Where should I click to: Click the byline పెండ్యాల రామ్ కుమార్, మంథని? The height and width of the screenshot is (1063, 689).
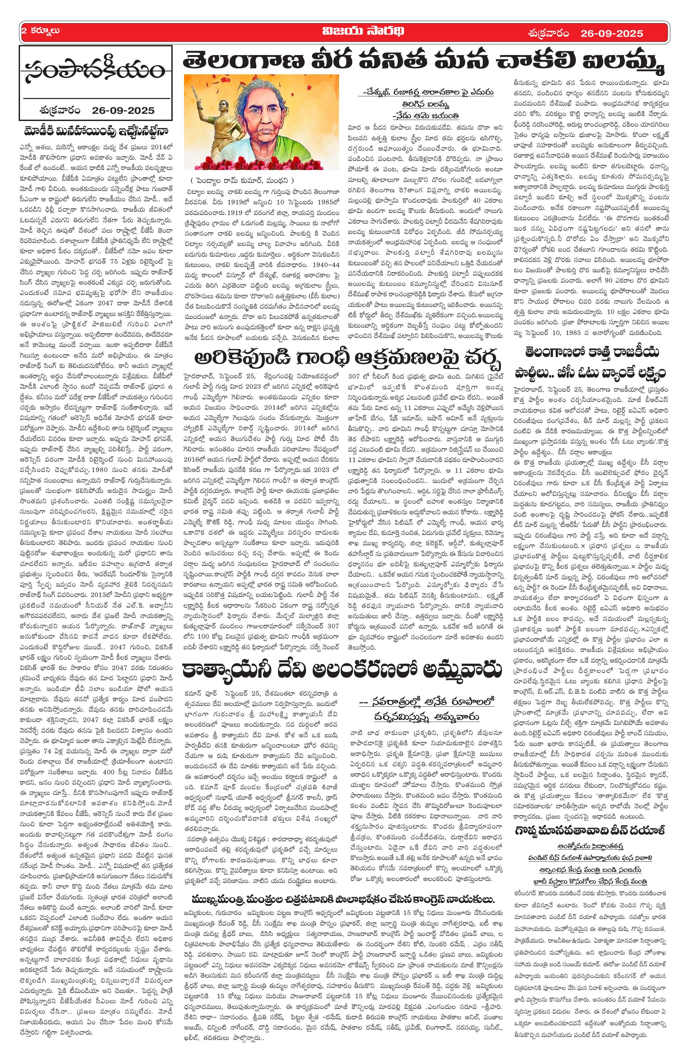[242, 181]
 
